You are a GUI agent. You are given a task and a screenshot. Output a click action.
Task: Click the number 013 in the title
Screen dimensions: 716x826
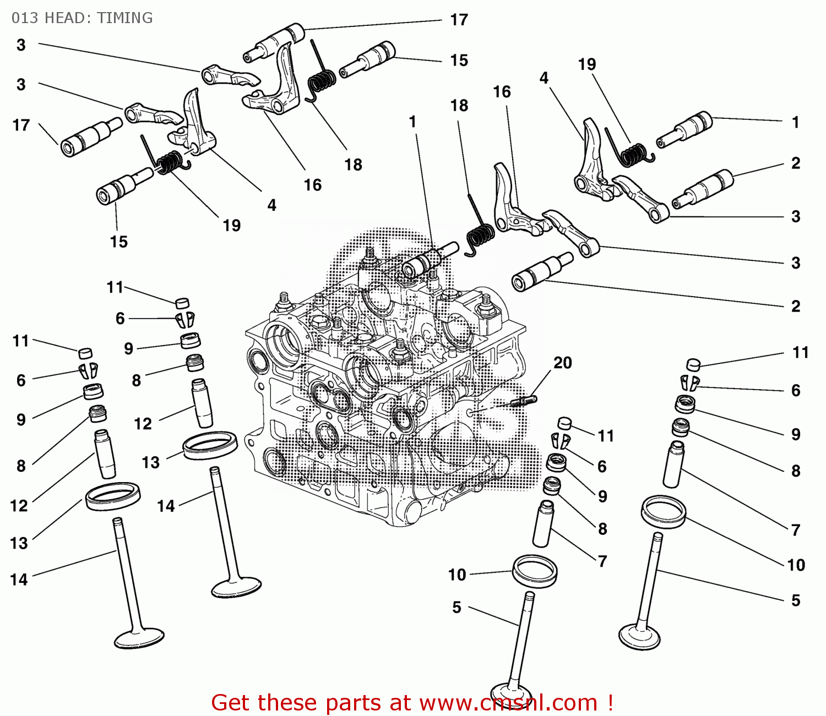[25, 18]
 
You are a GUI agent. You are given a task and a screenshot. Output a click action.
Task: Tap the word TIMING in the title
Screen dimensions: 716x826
[125, 18]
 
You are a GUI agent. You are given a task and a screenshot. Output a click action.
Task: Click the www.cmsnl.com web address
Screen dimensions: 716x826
[508, 703]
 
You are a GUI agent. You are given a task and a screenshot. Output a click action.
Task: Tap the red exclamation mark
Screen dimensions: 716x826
[610, 703]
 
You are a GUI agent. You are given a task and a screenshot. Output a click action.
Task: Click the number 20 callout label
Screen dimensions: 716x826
[562, 363]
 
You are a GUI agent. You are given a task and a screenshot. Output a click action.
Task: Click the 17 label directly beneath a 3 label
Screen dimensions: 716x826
[21, 125]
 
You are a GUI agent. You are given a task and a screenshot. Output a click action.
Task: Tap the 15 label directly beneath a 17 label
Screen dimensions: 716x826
[459, 60]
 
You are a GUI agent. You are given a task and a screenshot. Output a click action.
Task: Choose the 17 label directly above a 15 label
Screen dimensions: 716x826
[459, 20]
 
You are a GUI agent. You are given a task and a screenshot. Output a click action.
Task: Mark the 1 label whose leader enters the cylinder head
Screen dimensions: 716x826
[412, 122]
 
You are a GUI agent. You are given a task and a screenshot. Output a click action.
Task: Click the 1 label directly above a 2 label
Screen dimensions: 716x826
[795, 122]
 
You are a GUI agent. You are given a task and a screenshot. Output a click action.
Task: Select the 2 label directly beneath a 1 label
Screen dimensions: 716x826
[795, 163]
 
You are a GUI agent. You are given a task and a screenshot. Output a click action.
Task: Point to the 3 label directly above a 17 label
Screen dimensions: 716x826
[21, 85]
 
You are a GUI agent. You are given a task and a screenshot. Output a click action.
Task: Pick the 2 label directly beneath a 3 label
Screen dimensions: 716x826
[795, 306]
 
